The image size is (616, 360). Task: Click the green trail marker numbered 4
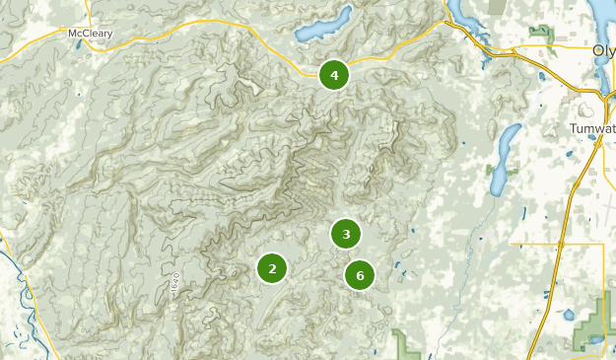pyautogui.click(x=334, y=75)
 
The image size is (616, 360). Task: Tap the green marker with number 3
pyautogui.click(x=346, y=234)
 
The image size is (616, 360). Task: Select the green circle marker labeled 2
pyautogui.click(x=272, y=267)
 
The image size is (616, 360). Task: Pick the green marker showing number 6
pyautogui.click(x=360, y=275)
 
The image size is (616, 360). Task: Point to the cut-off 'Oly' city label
pyautogui.click(x=603, y=50)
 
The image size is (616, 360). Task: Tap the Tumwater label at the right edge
pyautogui.click(x=591, y=129)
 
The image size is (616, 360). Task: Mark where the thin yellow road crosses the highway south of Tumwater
pyautogui.click(x=561, y=243)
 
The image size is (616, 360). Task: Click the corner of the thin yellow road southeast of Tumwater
pyautogui.click(x=602, y=244)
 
